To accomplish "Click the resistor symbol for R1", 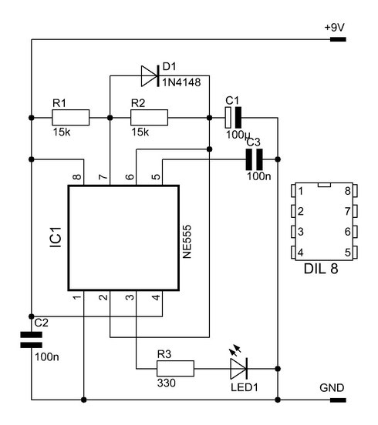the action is tap(71, 117).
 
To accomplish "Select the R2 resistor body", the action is tap(149, 117).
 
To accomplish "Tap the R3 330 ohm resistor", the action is tap(175, 368).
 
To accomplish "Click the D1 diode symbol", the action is tap(150, 76).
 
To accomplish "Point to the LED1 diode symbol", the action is tap(238, 368).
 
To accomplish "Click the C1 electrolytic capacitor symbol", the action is tap(233, 117).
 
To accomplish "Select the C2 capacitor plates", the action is tap(31, 340).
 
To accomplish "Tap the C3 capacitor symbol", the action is tap(254, 159).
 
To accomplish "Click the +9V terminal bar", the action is tap(338, 39).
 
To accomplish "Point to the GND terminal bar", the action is tap(338, 400).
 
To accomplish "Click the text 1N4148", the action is tap(181, 82).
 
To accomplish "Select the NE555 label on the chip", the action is tap(187, 242).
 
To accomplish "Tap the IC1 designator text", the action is tap(56, 237).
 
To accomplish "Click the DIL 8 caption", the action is tap(321, 269).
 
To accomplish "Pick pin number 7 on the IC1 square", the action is tap(103, 177).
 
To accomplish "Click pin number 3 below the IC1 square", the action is tap(130, 297).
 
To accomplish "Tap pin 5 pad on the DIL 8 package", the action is tap(355, 253).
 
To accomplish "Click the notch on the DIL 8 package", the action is tap(324, 185).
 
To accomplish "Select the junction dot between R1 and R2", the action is tap(110, 117).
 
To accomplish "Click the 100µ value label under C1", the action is tap(238, 135).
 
